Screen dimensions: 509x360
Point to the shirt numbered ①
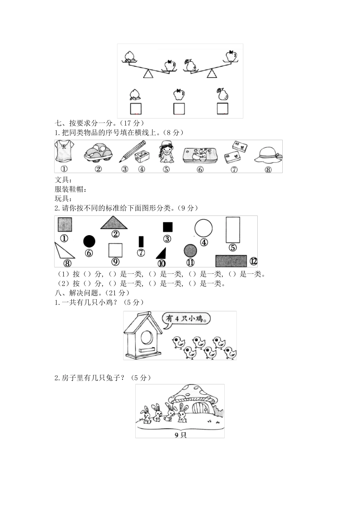pyautogui.click(x=64, y=152)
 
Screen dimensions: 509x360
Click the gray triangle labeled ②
pyautogui.click(x=114, y=223)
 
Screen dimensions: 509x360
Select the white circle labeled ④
pyautogui.click(x=203, y=228)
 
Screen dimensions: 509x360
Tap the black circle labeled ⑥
pyautogui.click(x=89, y=241)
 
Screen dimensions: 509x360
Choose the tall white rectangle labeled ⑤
pyautogui.click(x=233, y=230)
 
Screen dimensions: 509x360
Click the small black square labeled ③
pyautogui.click(x=167, y=227)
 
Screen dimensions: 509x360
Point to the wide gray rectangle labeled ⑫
pyautogui.click(x=231, y=261)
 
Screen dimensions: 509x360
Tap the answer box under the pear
pyautogui.click(x=222, y=109)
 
